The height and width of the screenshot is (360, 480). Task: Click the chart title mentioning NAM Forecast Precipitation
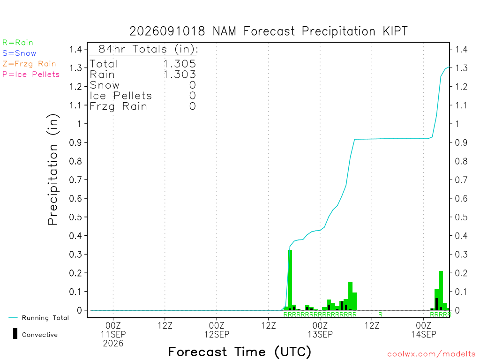269,31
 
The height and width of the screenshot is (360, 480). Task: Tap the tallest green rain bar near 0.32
290,280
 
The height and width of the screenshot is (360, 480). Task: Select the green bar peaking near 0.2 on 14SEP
441,290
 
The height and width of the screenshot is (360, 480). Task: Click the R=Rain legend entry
18,43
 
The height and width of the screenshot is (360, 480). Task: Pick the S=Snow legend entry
19,53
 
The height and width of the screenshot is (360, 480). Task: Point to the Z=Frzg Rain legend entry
29,64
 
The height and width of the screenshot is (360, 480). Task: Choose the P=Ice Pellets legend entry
31,75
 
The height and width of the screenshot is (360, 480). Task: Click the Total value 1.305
180,64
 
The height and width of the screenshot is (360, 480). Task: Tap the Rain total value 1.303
180,75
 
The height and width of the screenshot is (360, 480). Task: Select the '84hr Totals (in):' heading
148,49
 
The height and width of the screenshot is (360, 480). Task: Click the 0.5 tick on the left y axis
75,217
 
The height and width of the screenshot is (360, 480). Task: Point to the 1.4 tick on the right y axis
461,49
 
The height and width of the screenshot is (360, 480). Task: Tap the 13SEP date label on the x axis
320,334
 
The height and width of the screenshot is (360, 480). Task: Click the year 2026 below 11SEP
113,344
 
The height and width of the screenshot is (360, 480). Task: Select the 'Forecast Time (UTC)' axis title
240,352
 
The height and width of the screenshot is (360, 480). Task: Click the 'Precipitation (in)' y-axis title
52,169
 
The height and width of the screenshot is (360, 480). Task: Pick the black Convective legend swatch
15,334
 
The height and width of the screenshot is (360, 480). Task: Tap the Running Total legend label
45,318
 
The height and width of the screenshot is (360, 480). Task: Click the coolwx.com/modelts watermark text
431,354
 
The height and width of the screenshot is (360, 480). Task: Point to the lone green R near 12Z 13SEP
380,315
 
